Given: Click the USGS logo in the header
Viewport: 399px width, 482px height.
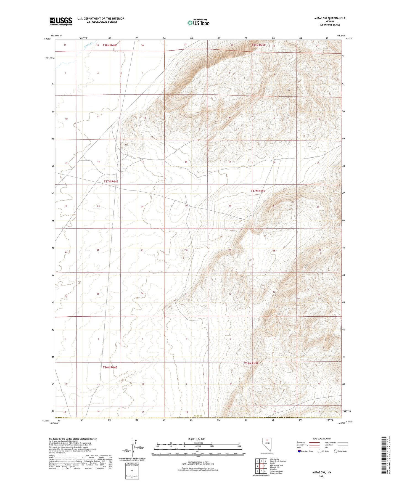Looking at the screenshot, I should coord(61,21).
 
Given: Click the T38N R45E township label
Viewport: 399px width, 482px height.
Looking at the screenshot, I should coord(258,45).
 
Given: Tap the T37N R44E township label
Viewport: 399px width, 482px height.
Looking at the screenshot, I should coord(111,181).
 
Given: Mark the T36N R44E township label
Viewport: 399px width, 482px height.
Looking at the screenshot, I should coord(110,367).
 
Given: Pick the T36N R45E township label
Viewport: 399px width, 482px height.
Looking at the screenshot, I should coord(251,364).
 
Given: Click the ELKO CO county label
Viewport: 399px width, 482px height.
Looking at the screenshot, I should coord(198,416).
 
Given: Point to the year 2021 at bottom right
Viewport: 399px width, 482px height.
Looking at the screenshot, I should coord(321,476).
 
